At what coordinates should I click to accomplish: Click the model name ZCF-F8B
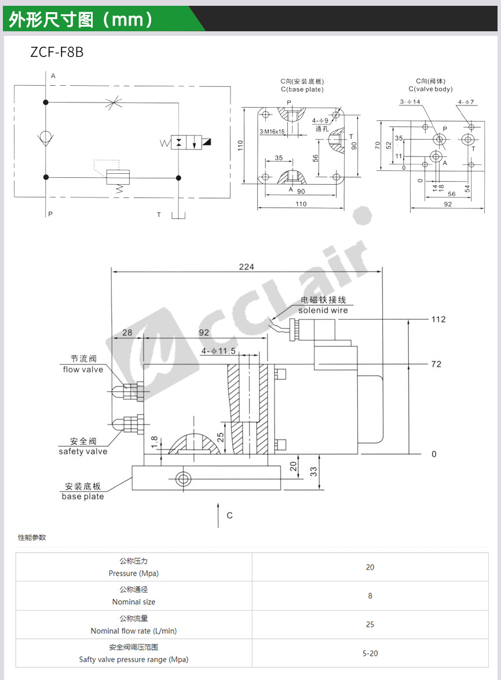[57, 52]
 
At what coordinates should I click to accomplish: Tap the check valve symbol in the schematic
[46, 138]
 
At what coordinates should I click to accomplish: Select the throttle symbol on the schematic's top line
[114, 103]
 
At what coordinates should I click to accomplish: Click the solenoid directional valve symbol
[191, 142]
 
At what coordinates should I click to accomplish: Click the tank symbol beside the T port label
[178, 215]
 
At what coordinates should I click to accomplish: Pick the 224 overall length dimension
[246, 266]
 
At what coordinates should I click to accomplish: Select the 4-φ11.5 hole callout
[218, 351]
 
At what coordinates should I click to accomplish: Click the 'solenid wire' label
[323, 310]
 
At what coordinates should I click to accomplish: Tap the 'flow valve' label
[83, 370]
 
